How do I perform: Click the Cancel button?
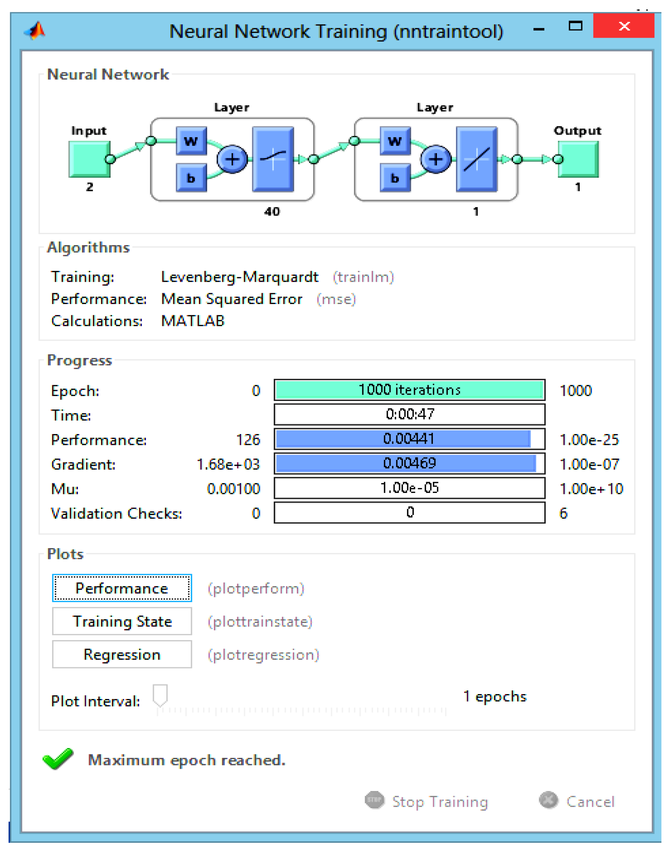[x=578, y=801]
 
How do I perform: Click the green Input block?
[x=89, y=159]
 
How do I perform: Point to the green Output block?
[x=579, y=159]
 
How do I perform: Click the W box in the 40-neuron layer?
[x=191, y=140]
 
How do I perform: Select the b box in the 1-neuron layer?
[x=394, y=178]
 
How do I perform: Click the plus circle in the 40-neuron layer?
[x=232, y=159]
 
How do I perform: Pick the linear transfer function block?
[x=476, y=159]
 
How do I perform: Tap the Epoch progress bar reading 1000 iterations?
[x=409, y=390]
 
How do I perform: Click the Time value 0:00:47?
[x=409, y=414]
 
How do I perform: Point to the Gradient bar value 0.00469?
[x=409, y=464]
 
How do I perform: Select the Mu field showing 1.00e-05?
[x=409, y=488]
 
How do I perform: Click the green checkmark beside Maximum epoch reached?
[x=58, y=759]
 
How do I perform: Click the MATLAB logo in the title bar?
[x=35, y=31]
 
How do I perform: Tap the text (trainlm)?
[x=363, y=277]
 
